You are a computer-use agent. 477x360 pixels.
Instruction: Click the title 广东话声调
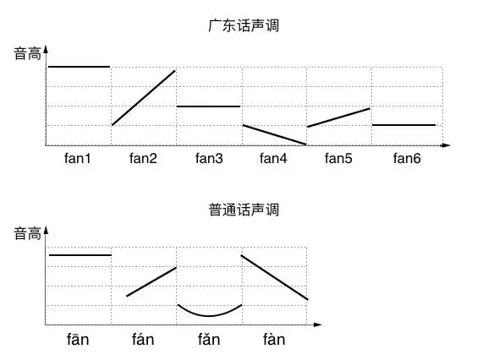point(244,25)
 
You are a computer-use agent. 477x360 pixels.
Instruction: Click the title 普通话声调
point(244,209)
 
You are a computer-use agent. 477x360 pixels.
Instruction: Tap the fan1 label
point(78,158)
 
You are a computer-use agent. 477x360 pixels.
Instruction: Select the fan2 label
point(143,158)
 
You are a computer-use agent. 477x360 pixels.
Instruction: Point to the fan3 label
point(209,158)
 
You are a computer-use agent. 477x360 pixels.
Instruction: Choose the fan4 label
point(274,158)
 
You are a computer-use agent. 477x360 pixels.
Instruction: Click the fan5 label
point(338,158)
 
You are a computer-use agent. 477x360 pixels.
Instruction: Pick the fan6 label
point(403,158)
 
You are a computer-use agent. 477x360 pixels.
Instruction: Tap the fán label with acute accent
point(143,340)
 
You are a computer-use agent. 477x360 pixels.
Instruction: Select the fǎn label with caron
point(209,340)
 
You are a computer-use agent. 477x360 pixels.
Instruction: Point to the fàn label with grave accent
point(274,340)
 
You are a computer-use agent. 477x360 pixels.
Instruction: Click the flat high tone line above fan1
point(79,66)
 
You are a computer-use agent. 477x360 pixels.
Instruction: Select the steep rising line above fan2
point(144,97)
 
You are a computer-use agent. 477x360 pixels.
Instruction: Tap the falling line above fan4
point(274,134)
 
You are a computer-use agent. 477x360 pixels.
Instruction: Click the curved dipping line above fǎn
point(210,314)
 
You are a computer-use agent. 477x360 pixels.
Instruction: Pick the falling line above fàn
point(275,277)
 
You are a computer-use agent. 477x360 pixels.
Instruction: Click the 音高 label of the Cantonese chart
point(26,54)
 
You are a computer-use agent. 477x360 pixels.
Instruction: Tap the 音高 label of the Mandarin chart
point(26,235)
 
